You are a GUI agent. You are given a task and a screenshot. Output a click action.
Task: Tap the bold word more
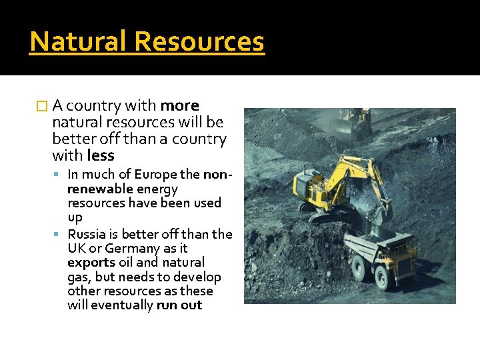coord(180,106)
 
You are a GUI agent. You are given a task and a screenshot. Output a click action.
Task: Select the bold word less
coord(101,156)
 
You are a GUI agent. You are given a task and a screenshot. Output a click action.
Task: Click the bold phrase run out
coord(179,305)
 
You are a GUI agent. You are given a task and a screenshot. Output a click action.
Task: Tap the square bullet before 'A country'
coord(44,106)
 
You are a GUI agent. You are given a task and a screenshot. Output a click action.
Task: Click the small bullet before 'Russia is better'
coord(60,234)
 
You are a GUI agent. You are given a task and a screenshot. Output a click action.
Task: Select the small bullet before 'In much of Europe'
coord(60,175)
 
